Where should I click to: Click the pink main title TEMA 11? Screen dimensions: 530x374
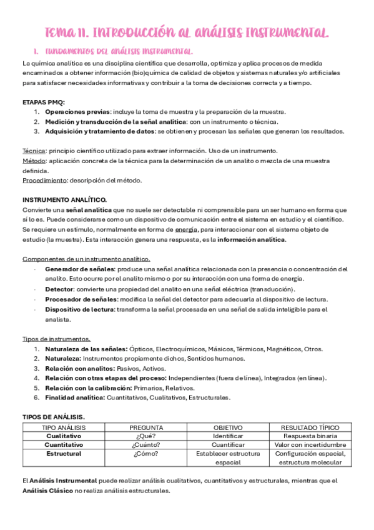click(187, 32)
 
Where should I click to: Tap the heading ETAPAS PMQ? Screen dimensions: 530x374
click(43, 102)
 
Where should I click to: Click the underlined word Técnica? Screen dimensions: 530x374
click(34, 151)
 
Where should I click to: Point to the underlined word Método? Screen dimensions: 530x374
click(34, 161)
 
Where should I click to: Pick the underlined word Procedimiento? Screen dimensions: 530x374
click(44, 181)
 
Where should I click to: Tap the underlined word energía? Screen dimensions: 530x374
click(187, 230)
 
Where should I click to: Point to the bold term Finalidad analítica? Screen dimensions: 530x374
click(75, 397)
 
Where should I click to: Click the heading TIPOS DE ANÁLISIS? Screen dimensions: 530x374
click(54, 417)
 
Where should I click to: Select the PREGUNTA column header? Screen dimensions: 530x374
click(146, 427)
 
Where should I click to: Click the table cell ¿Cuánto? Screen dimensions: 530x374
click(146, 445)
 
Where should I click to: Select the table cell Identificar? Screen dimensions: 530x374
click(227, 436)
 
